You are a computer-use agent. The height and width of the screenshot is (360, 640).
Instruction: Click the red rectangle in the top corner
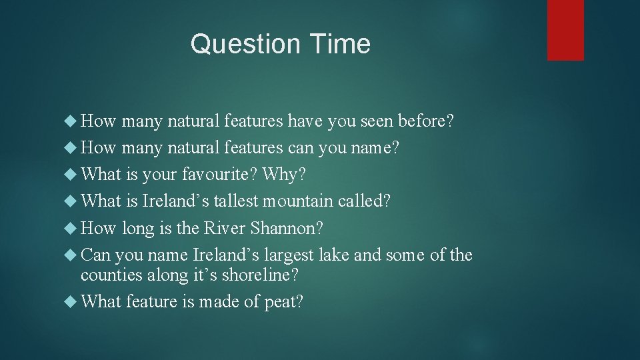click(565, 30)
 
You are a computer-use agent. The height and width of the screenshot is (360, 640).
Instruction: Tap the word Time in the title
click(339, 45)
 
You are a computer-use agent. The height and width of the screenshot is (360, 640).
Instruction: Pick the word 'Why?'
click(285, 175)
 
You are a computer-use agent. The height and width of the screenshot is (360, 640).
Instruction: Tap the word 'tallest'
click(237, 201)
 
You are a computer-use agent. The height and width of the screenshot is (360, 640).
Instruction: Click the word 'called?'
click(365, 201)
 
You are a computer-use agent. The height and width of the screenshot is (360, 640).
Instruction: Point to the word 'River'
click(224, 229)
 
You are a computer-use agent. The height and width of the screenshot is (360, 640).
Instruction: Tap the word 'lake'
click(333, 255)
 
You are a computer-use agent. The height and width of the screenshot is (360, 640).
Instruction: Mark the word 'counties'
click(108, 274)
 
